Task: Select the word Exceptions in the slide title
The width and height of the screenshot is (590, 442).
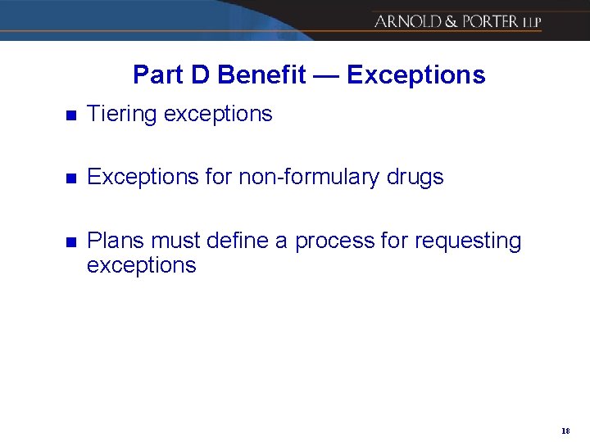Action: [416, 75]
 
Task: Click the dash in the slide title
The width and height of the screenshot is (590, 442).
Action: [326, 75]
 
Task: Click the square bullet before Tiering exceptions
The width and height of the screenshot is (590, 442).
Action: [70, 115]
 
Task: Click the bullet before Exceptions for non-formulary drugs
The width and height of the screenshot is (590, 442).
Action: [70, 178]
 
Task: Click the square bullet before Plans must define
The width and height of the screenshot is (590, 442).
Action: [70, 241]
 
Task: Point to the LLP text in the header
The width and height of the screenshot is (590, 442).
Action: [532, 22]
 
